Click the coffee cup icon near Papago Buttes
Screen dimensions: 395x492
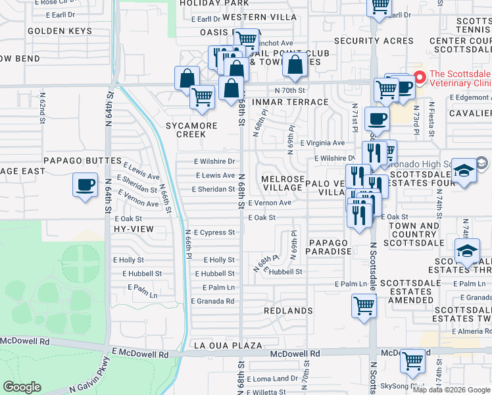coord(85,185)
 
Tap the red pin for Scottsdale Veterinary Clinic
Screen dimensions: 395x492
coord(420,76)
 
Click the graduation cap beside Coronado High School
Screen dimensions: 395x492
coord(464,170)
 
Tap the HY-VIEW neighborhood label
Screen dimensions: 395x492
coord(133,228)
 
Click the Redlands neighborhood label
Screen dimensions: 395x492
coord(288,310)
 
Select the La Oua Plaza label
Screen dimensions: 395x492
coord(228,345)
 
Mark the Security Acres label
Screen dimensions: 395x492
coord(374,41)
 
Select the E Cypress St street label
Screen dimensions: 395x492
coord(214,232)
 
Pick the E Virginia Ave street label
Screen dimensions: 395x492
coord(322,142)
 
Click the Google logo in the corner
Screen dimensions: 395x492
coord(22,387)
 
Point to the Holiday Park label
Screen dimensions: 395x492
coord(209,3)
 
